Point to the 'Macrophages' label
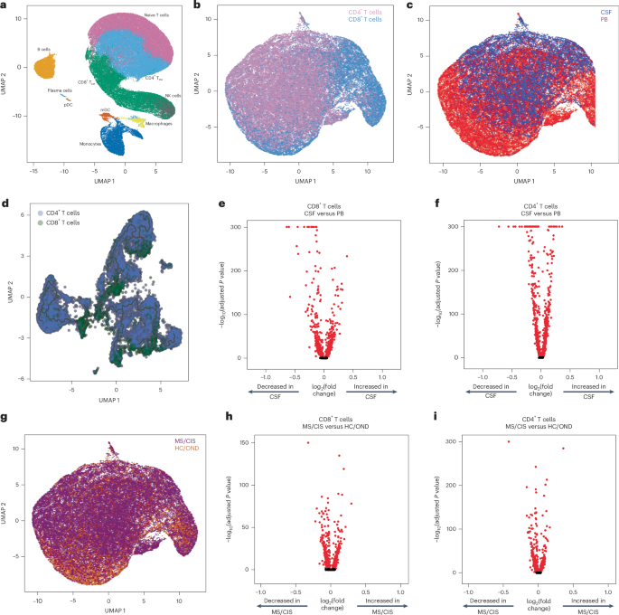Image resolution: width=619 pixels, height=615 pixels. [x=162, y=123]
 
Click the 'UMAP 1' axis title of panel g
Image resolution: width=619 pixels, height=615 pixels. [x=108, y=610]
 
